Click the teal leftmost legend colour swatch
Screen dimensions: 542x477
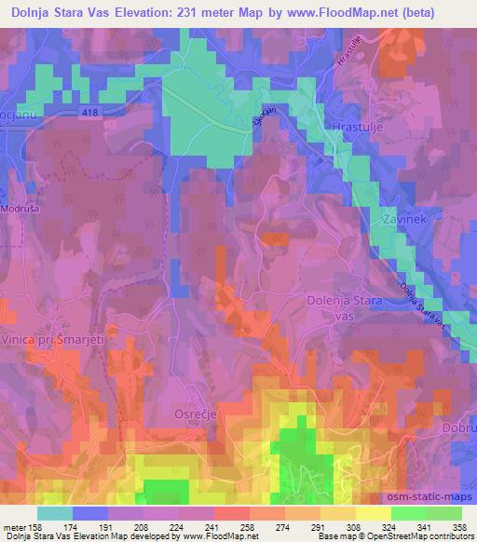(55, 512)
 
